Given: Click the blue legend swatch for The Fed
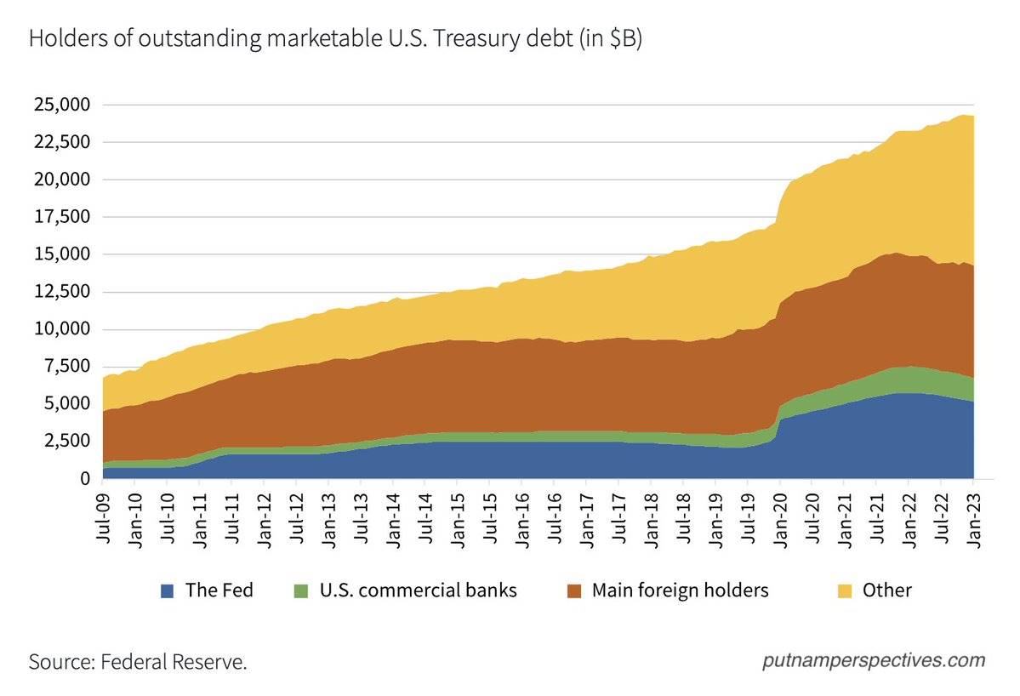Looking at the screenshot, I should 168,590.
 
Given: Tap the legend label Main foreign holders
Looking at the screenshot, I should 680,590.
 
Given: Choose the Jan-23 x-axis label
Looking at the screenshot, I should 975,516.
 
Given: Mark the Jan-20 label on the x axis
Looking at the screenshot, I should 781,516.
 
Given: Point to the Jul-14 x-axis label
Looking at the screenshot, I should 426,516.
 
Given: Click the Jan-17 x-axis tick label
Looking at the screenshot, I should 587,516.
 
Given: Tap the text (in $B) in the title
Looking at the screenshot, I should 607,40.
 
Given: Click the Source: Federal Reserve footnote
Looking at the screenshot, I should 138,661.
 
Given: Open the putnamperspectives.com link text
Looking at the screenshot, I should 874,660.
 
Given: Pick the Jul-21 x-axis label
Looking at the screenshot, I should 878,516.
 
